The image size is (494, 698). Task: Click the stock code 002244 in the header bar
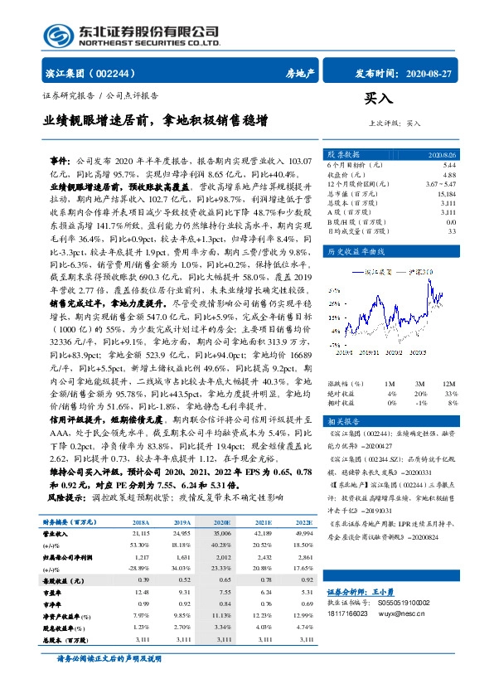tap(124, 73)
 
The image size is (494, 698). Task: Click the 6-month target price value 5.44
tap(449, 165)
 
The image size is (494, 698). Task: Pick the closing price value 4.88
tap(449, 175)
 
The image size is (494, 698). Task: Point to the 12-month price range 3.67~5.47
tap(440, 184)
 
